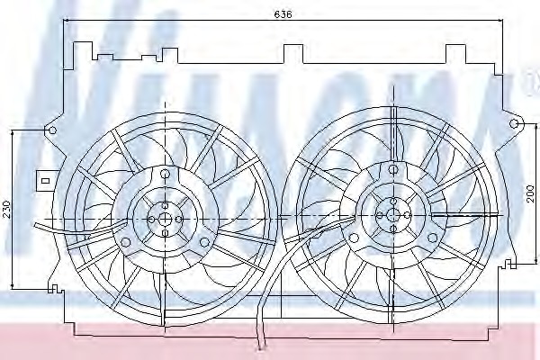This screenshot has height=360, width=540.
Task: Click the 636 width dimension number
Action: coord(283,12)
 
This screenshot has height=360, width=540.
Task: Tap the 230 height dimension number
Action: coord(7,209)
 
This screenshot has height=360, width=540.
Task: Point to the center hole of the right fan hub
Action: coord(392,213)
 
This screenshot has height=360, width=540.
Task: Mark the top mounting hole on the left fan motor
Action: coord(166,175)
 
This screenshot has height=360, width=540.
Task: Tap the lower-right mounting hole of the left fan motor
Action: coord(205,241)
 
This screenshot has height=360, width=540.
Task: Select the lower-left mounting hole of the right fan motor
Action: coord(354,238)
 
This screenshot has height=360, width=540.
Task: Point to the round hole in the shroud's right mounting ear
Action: coord(516,122)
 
